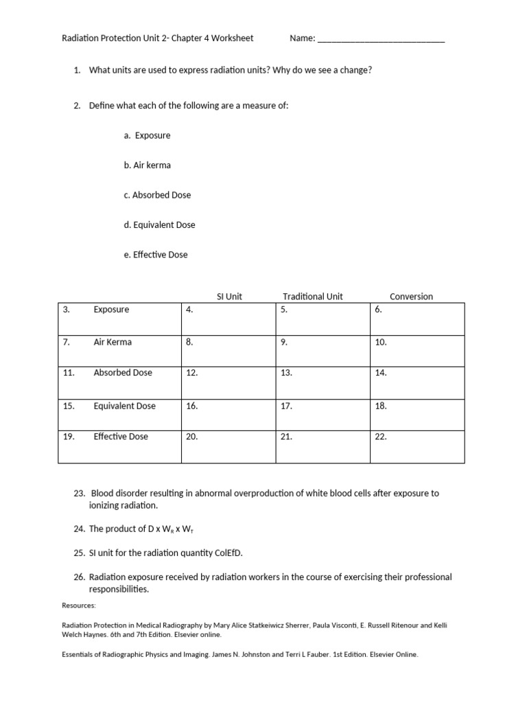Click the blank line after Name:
pos(381,39)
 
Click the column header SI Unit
pos(229,297)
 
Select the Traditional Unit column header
pos(312,297)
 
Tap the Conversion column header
pos(411,297)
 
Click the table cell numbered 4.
pos(228,319)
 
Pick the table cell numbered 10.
pos(417,350)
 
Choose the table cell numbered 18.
pos(417,414)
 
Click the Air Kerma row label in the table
pos(113,342)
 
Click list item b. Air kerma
pos(148,165)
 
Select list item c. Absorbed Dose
pos(157,195)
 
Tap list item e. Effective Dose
pos(156,255)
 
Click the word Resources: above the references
pos(79,606)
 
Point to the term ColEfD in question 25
pos(229,553)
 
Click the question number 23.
pos(79,494)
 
